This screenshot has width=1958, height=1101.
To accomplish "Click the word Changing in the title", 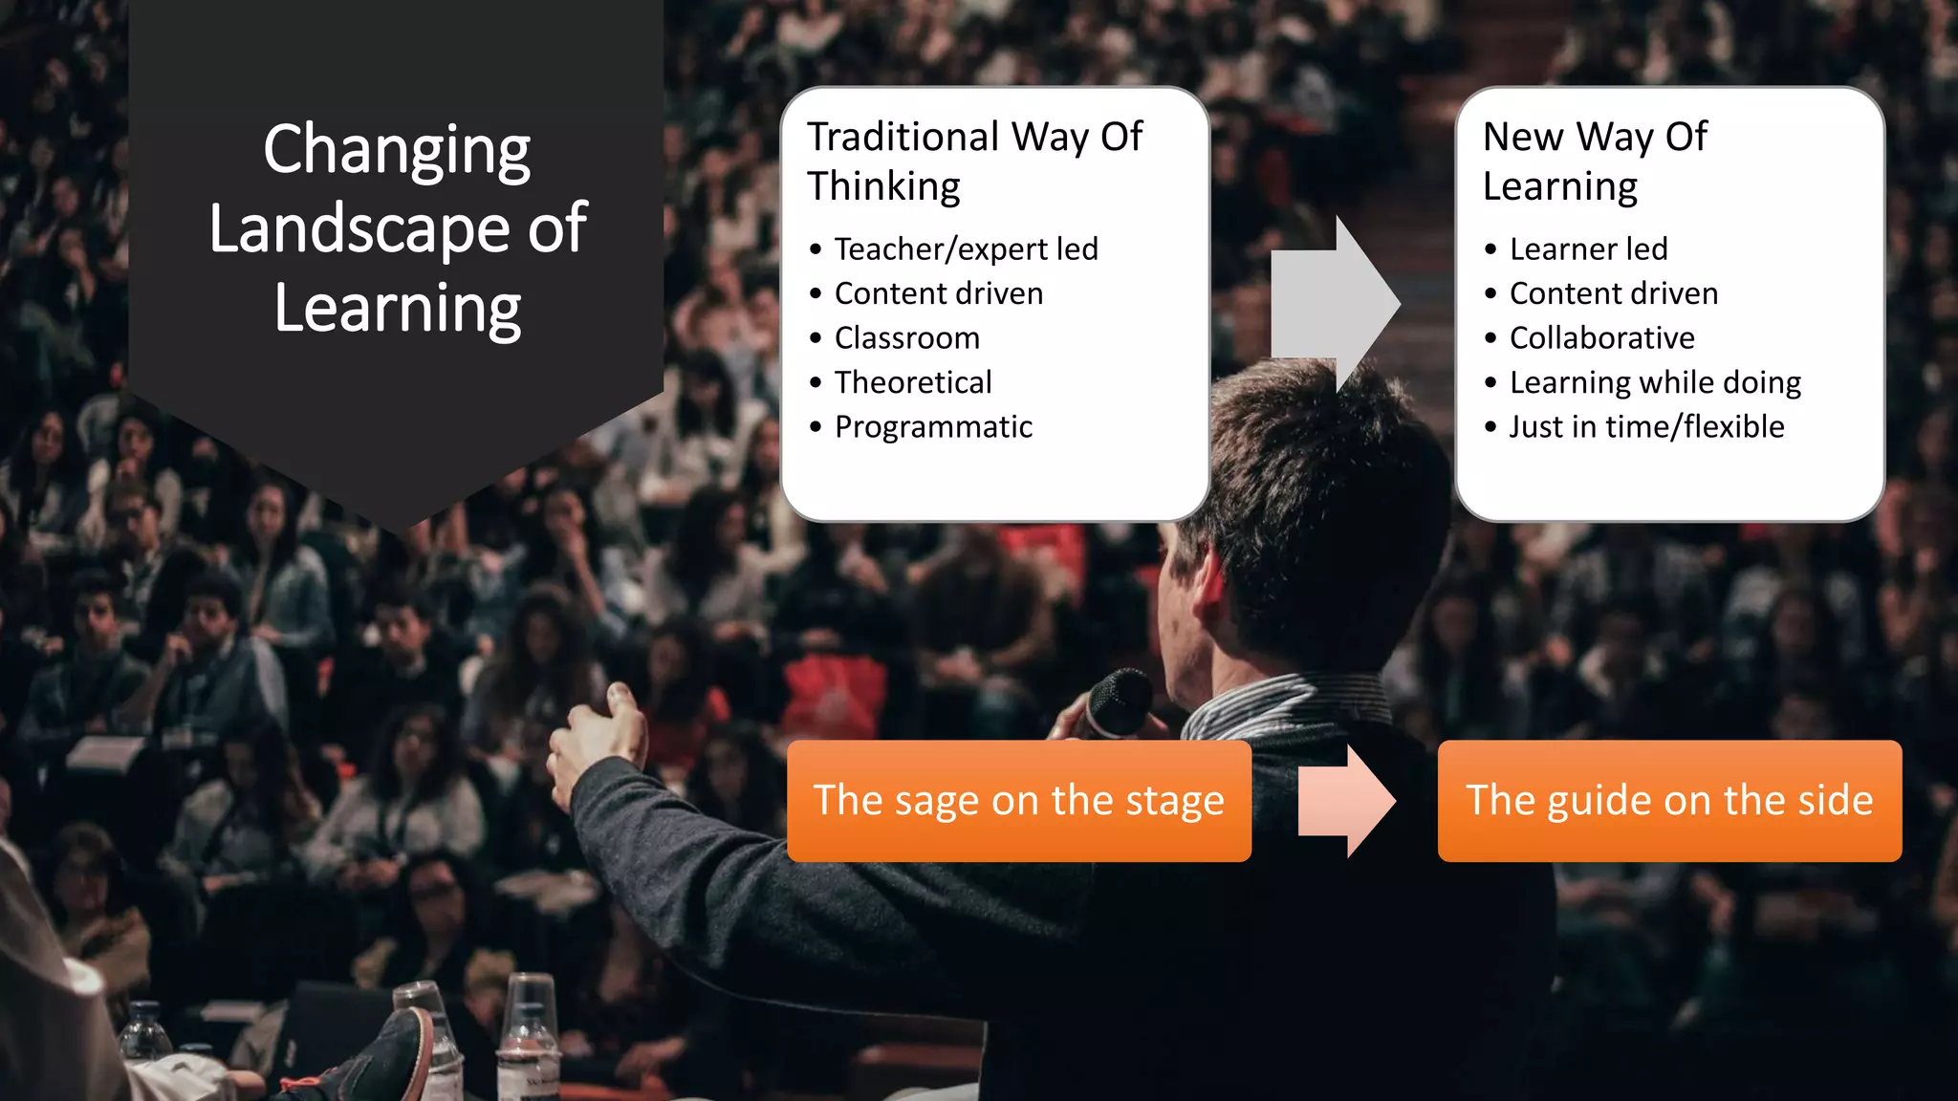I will tap(396, 151).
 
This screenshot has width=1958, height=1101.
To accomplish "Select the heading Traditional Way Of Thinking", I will tap(973, 161).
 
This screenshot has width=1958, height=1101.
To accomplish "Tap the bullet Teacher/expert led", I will tap(966, 249).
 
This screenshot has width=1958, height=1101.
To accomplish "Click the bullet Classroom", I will tap(906, 338).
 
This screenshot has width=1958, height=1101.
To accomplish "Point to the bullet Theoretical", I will tap(912, 382).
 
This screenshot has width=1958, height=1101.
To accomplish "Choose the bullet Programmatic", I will tap(933, 427).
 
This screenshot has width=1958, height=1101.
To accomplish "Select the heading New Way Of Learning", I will tap(1594, 161).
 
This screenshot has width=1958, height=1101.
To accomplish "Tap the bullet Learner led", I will tap(1588, 249).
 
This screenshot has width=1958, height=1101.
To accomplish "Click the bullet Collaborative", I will tap(1601, 338).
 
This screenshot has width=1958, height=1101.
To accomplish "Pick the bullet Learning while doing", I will tap(1655, 382).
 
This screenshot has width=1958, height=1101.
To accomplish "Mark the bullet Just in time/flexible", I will tap(1646, 427).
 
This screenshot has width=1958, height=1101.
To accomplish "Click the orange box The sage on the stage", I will tap(1018, 801).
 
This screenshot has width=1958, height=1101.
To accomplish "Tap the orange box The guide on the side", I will tap(1669, 801).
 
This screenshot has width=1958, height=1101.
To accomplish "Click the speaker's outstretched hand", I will tap(598, 741).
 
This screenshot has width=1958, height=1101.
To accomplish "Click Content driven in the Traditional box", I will tap(938, 293).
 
